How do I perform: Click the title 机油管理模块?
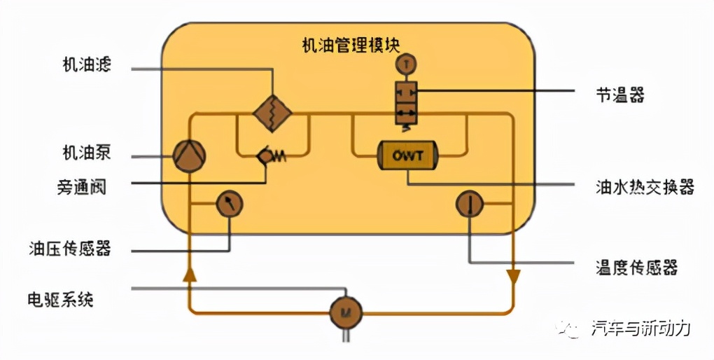(351, 46)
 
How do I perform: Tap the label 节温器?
(616, 95)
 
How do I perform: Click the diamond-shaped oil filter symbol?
(272, 113)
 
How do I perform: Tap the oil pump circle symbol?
(189, 155)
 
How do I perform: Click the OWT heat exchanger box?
(407, 155)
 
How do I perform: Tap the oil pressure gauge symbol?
(229, 204)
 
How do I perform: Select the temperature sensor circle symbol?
(469, 204)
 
